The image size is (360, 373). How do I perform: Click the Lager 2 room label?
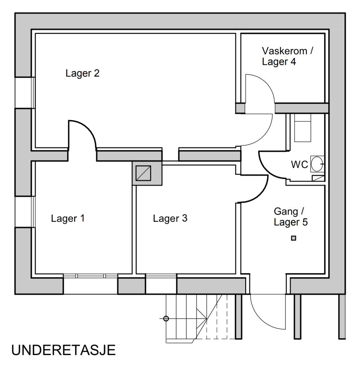(82, 73)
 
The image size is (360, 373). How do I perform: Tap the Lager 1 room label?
(68, 218)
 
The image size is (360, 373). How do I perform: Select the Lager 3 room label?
(170, 218)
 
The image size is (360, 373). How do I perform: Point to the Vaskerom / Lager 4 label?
(287, 56)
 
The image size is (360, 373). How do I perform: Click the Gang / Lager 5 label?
(291, 217)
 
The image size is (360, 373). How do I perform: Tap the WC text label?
(300, 165)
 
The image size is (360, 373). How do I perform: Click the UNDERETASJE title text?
(63, 351)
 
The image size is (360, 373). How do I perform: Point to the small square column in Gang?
(294, 238)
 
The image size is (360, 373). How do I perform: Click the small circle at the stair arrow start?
(166, 319)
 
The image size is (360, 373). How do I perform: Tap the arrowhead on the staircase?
(204, 319)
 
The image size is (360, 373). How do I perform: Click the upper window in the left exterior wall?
(25, 93)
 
